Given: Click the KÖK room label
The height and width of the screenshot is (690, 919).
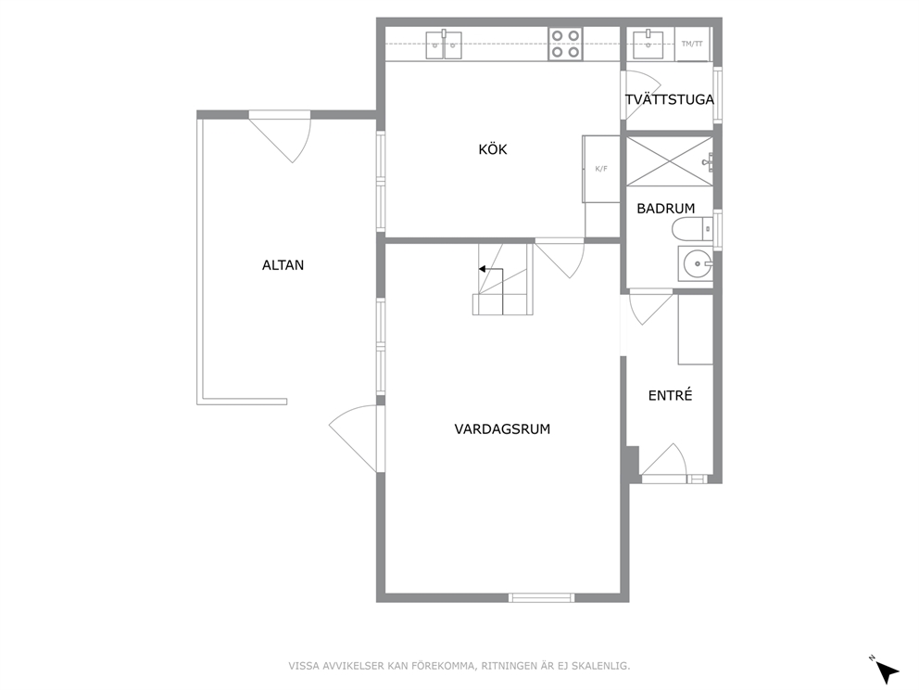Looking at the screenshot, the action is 492,149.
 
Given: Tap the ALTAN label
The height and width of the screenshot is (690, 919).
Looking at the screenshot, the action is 283,265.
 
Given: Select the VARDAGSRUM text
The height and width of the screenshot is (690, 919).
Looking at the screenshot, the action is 502,428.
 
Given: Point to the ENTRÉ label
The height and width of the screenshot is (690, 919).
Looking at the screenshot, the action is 670,395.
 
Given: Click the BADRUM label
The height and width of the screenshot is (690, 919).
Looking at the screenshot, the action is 666,209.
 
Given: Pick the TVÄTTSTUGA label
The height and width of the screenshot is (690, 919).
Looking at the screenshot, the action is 669,100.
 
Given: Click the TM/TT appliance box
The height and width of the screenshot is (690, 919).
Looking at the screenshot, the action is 692,44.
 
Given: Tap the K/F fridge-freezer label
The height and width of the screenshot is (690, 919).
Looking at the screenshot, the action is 601,169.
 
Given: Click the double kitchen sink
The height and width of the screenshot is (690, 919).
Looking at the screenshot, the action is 444,45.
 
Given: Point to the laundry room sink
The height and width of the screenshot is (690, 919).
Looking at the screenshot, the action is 648,44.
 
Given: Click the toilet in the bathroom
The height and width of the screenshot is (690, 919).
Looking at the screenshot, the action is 692,229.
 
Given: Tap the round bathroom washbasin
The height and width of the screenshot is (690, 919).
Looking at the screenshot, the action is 696,263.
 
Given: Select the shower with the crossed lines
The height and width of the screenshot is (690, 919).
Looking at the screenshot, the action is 669,161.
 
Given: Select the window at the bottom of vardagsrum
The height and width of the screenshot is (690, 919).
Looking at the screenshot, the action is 541,598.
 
